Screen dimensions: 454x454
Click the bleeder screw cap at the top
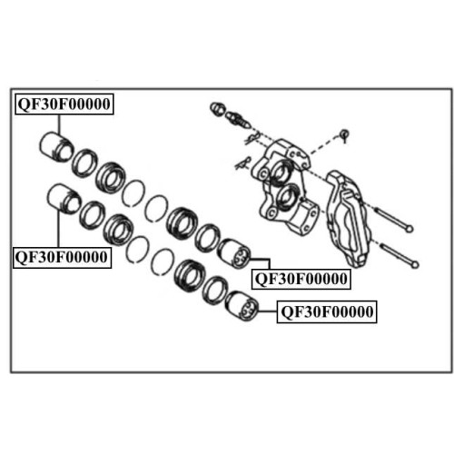[x=217, y=109]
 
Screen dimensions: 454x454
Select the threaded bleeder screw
[x=238, y=119]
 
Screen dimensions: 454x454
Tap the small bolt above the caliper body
[x=344, y=134]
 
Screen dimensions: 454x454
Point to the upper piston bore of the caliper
[x=281, y=172]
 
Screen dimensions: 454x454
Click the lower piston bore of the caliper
[x=286, y=197]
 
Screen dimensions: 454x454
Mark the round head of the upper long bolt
[x=410, y=229]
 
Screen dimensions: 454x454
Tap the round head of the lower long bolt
[x=415, y=264]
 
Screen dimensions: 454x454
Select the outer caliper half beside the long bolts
[x=348, y=219]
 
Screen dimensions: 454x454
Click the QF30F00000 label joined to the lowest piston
[x=327, y=312]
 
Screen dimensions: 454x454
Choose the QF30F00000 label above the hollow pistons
[x=64, y=104]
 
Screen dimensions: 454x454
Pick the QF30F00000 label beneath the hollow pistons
[x=63, y=257]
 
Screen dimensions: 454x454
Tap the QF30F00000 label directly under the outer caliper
[x=301, y=279]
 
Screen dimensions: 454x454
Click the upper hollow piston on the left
[x=56, y=147]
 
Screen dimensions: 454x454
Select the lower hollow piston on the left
[x=64, y=199]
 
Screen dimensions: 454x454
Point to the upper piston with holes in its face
[x=234, y=253]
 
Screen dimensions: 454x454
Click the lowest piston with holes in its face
[x=242, y=306]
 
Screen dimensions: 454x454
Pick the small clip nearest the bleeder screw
[x=252, y=138]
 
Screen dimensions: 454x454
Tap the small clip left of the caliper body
[x=242, y=163]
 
